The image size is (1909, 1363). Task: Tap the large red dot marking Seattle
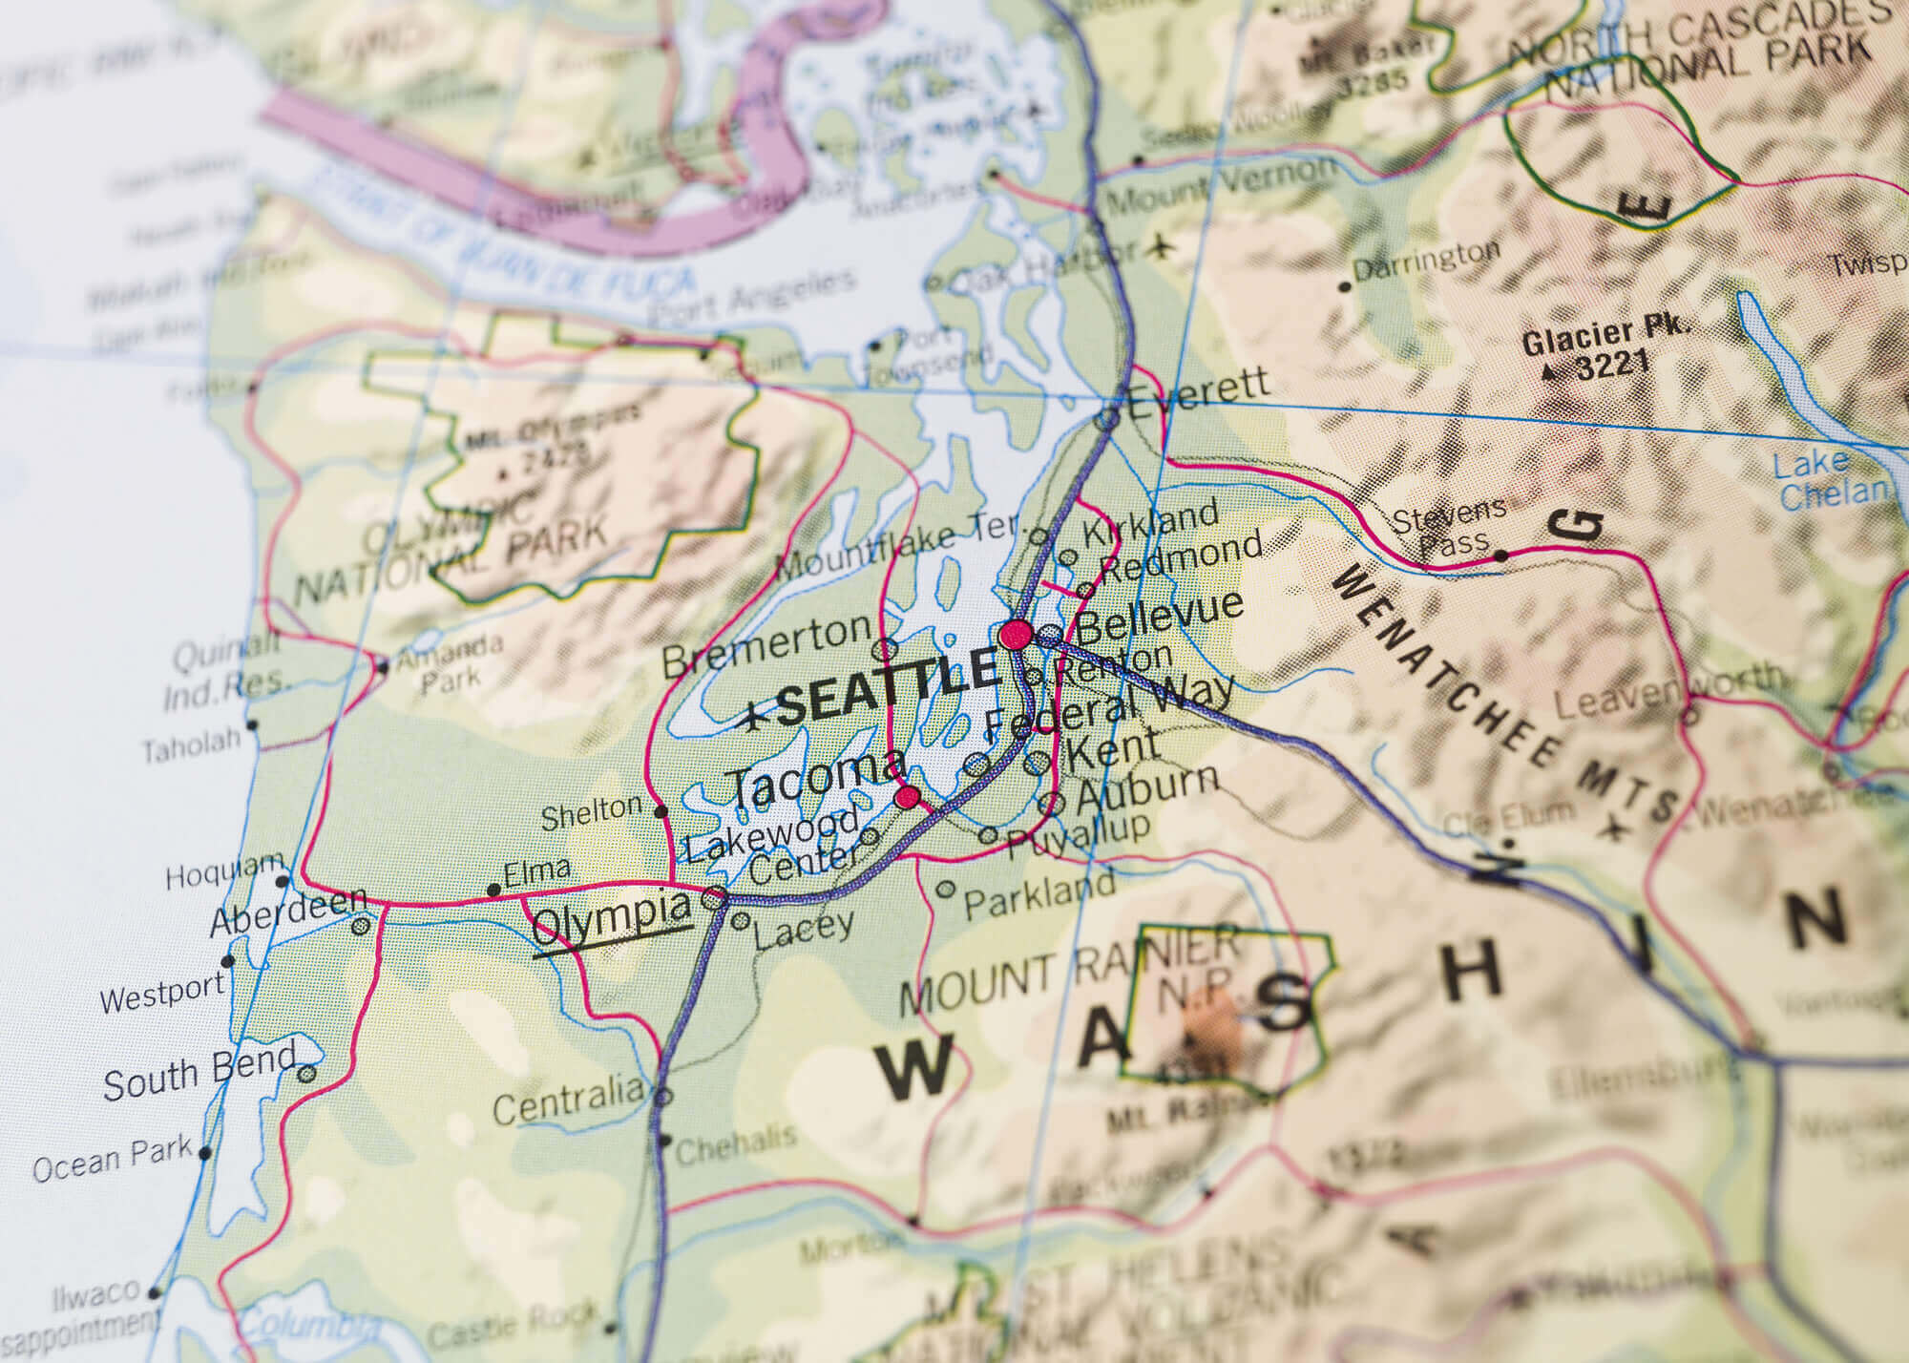click(1016, 635)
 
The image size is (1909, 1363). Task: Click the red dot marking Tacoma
click(908, 796)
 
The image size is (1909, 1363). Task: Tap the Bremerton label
click(766, 645)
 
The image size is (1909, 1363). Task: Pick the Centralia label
click(569, 1100)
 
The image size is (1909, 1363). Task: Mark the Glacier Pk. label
click(1605, 336)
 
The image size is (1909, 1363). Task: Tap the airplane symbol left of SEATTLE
click(755, 715)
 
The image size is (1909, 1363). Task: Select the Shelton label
click(592, 813)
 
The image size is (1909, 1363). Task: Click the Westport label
click(162, 994)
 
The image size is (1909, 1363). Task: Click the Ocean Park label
click(112, 1160)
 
